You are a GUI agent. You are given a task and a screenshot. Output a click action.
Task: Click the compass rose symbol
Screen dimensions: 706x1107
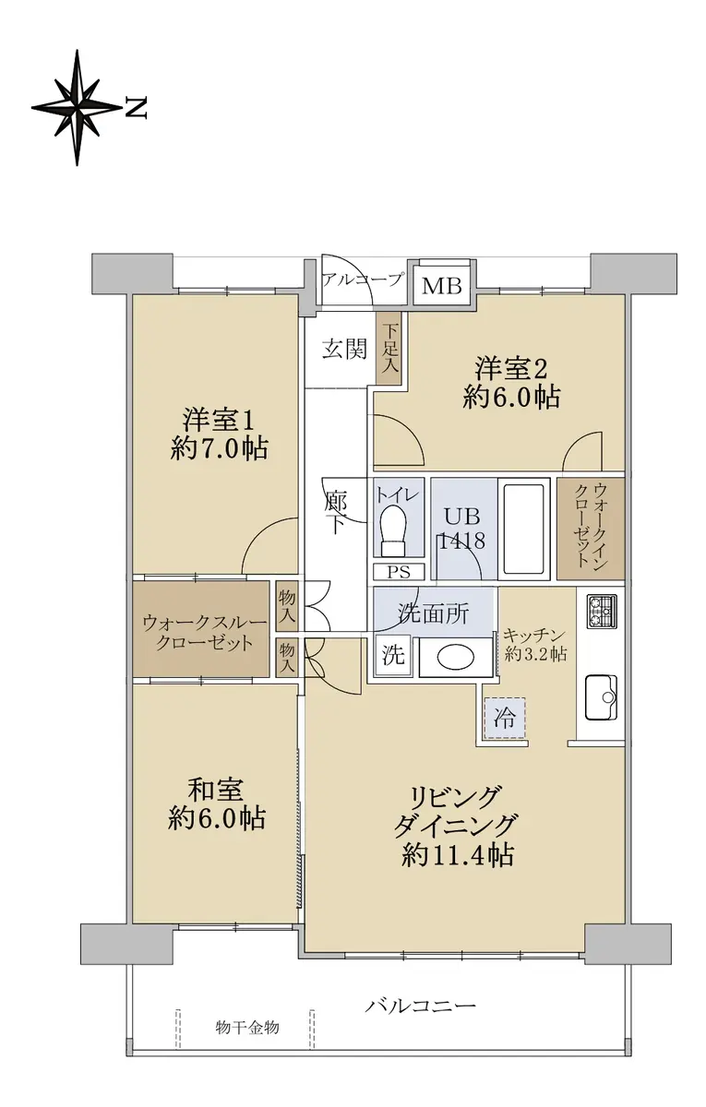(78, 107)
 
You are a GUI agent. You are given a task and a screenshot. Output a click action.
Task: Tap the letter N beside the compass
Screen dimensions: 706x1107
(136, 108)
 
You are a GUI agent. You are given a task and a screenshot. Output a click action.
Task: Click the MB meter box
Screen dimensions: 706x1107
(442, 285)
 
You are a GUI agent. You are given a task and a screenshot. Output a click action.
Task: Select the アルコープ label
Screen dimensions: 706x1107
(362, 280)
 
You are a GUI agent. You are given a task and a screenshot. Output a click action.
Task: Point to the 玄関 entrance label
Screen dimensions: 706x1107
(344, 349)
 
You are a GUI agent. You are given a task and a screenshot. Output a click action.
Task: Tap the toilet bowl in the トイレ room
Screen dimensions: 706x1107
(393, 530)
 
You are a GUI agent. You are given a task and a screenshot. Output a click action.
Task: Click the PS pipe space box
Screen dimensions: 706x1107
(399, 572)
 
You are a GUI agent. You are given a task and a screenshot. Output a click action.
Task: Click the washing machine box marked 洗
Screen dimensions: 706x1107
(393, 656)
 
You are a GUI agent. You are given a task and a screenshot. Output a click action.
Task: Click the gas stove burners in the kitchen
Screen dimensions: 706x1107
(602, 612)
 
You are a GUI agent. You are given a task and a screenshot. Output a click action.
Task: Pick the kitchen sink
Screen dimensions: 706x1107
(602, 697)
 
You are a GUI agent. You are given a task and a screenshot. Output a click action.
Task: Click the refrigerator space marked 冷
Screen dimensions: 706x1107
(504, 719)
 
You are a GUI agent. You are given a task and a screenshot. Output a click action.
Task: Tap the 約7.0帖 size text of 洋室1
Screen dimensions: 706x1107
(220, 449)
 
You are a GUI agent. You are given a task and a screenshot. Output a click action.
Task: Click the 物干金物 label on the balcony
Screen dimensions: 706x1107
(247, 1028)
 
